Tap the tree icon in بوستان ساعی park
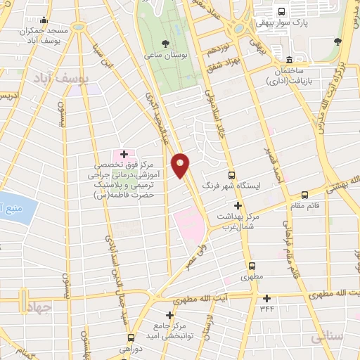click(x=165, y=41)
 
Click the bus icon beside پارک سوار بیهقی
click(x=281, y=11)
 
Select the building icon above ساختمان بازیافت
click(x=290, y=58)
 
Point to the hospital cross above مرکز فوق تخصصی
click(x=124, y=153)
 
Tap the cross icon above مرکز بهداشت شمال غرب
click(x=238, y=205)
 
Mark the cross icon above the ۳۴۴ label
click(x=266, y=297)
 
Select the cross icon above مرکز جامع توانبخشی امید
click(x=169, y=315)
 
